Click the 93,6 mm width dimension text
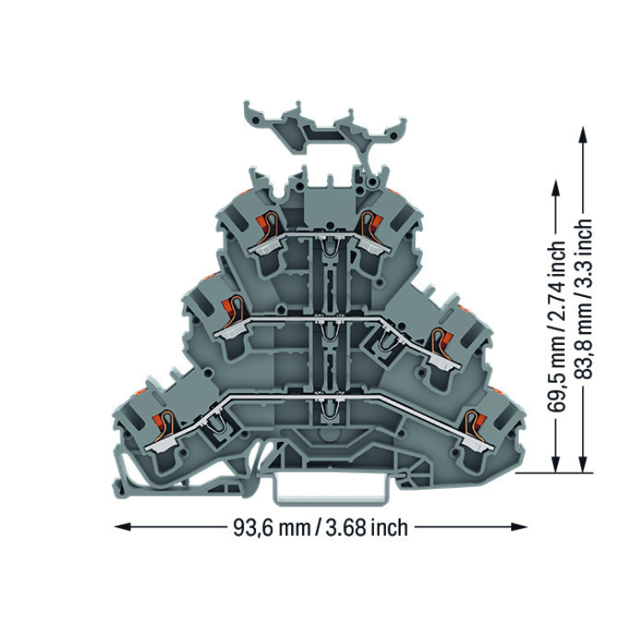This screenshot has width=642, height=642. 321,528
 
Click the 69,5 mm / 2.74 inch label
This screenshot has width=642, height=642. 556,326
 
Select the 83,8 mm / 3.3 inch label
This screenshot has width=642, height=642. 583,299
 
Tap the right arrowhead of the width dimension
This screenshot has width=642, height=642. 519,526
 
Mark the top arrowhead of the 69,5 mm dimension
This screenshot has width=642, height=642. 556,189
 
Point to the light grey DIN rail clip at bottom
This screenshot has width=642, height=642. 330,489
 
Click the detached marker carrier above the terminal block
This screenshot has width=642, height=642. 325,132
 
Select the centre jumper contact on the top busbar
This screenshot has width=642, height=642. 330,247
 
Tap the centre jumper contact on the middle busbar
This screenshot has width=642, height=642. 330,329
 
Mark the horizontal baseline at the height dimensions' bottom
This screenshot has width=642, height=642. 554,473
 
